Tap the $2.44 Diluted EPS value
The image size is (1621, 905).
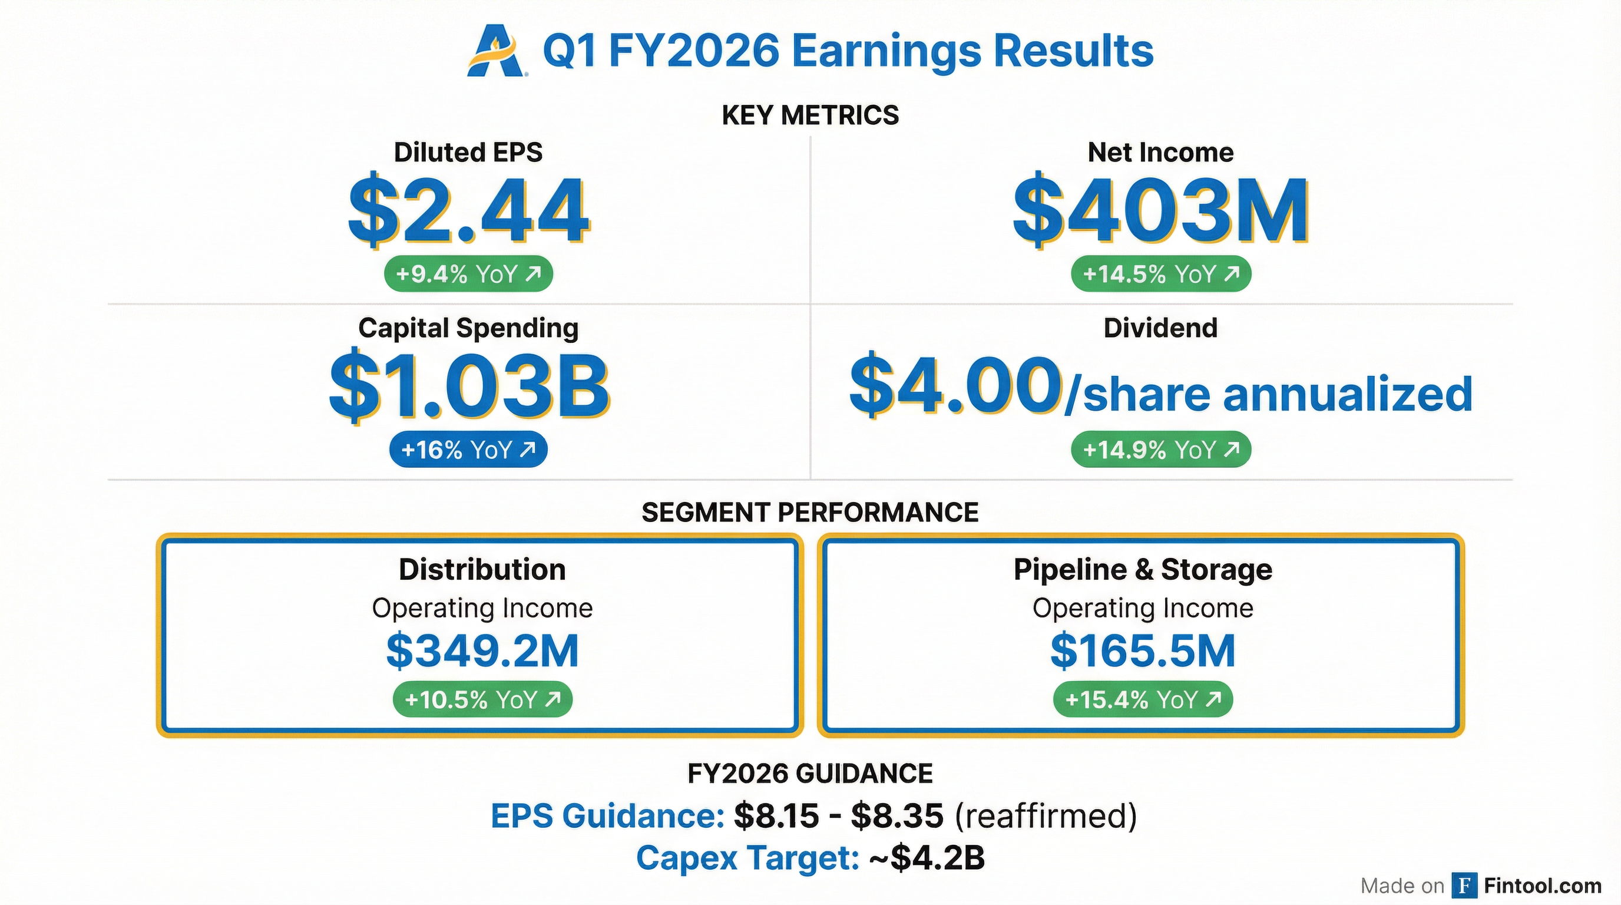pos(469,210)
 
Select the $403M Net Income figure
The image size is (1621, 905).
pos(1161,210)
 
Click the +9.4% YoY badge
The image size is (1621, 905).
pos(468,275)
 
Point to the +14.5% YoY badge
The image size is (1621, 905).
pos(1161,275)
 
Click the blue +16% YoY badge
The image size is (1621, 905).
pos(468,450)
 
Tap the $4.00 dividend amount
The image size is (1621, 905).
pos(955,386)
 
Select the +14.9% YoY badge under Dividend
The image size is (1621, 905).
pos(1161,450)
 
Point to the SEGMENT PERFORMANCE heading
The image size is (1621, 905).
pos(810,512)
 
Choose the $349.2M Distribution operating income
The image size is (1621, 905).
pos(482,652)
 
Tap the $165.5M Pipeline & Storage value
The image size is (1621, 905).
pos(1143,652)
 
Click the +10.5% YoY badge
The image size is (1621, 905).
pos(482,700)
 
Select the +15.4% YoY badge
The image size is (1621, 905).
pos(1143,700)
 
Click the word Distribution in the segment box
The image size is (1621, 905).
pos(482,570)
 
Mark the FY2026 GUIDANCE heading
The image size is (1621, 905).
pos(810,774)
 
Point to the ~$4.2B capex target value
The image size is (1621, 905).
pos(927,858)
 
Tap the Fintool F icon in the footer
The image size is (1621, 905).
pos(1465,886)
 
